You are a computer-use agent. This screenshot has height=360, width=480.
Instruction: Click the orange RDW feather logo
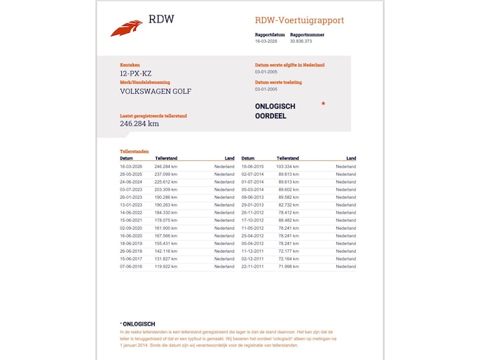click(126, 28)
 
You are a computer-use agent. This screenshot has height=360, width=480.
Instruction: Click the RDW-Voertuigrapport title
click(299, 20)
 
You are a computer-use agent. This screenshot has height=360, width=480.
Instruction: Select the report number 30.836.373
click(301, 41)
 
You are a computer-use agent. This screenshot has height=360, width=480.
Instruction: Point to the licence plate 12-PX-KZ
click(135, 72)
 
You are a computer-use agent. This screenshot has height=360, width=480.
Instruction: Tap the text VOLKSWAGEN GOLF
click(156, 91)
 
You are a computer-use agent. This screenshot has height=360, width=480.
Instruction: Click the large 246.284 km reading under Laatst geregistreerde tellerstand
click(139, 124)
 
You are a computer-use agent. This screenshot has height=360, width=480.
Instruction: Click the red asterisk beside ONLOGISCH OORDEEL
click(323, 104)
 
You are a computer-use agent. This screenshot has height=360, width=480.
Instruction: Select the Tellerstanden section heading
click(134, 151)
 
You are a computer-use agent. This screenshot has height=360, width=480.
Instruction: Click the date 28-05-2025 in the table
click(131, 174)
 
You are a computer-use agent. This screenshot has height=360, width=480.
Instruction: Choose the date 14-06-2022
click(131, 212)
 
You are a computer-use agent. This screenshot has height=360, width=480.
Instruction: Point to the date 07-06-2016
click(131, 266)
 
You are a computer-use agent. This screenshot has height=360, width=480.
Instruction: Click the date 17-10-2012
click(252, 220)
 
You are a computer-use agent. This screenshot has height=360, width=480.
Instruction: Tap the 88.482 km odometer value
click(289, 220)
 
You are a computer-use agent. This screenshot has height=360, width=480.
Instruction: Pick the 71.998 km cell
click(289, 266)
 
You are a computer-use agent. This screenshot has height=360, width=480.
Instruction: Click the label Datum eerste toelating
click(278, 82)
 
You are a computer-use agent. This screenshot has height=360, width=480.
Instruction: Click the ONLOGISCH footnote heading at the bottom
click(139, 324)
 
